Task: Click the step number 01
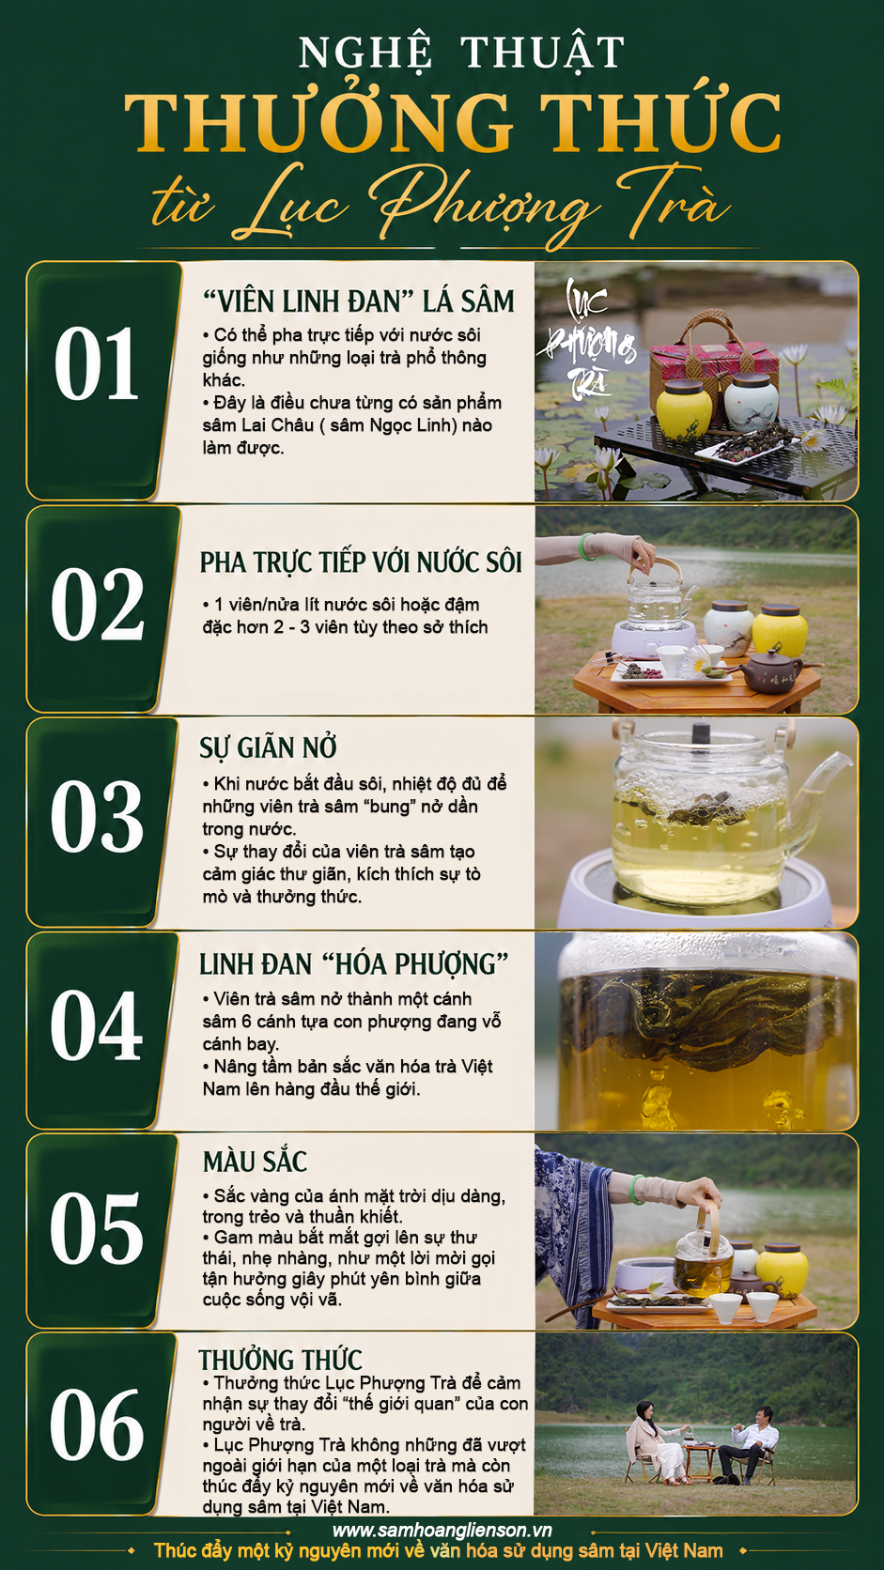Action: (x=95, y=363)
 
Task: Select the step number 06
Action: (x=97, y=1425)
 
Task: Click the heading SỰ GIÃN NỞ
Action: (x=268, y=747)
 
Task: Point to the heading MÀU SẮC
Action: (x=256, y=1162)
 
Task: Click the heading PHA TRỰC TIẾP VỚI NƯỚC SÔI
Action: (x=361, y=562)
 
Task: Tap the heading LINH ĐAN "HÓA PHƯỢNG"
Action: (x=353, y=964)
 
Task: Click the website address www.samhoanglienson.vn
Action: (x=442, y=1530)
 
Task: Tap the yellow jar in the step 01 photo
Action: (x=684, y=411)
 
